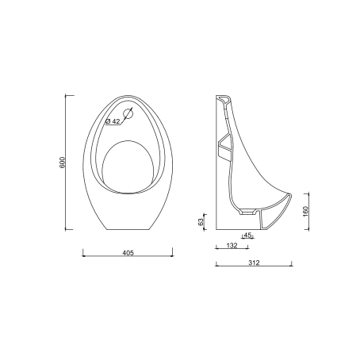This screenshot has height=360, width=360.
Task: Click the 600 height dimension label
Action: point(62,163)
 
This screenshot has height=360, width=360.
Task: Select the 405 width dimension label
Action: point(128,253)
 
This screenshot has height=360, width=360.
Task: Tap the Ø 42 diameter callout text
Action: point(113,121)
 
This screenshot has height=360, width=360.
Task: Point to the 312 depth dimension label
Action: point(254,262)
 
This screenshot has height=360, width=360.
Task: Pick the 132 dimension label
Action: point(232,245)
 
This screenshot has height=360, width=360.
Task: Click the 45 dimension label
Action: point(247,235)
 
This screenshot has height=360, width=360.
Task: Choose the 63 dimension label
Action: point(201,221)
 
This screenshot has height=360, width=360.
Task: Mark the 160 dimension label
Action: point(305,212)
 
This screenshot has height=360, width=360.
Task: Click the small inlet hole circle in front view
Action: point(128,114)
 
